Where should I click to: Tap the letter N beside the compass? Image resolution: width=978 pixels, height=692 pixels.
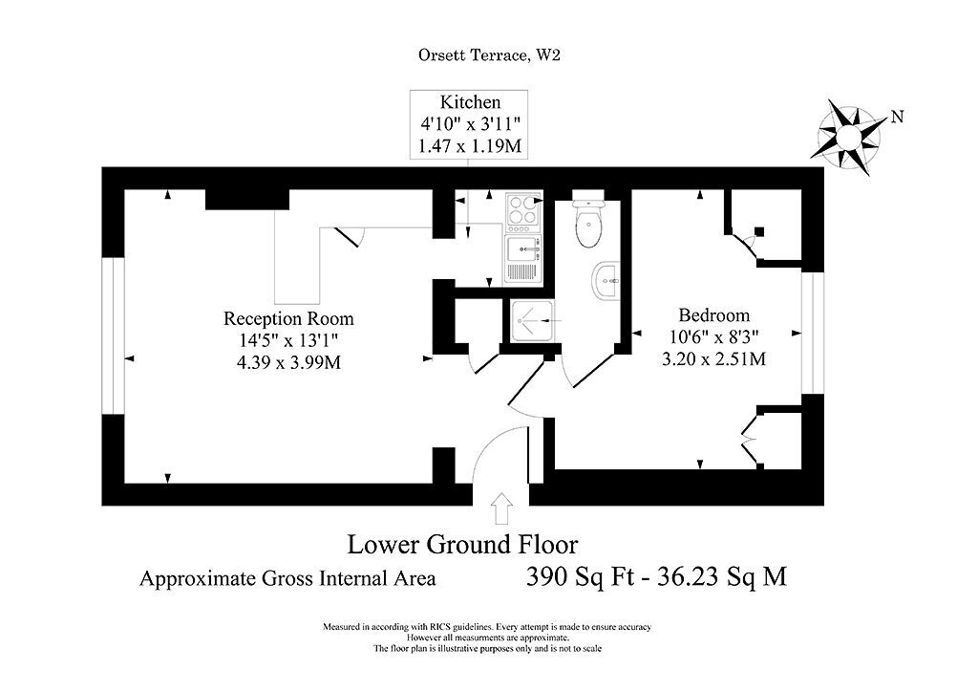897,117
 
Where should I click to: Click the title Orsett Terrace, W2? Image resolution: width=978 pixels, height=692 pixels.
489,54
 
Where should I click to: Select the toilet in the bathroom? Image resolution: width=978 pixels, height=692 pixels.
588,222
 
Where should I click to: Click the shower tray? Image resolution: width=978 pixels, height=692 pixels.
532,322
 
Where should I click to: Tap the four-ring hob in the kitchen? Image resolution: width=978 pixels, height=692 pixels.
522,210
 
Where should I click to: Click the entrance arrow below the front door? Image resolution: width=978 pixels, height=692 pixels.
501,508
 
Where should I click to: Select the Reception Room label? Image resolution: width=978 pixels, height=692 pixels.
288,319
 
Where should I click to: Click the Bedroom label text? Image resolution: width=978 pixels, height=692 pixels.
714,315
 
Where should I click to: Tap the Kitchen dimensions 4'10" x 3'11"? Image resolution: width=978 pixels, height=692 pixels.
469,123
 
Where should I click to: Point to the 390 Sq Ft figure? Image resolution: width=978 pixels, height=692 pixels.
575,576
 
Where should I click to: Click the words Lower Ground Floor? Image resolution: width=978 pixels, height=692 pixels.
463,544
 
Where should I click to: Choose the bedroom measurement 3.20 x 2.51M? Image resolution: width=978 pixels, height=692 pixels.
714,358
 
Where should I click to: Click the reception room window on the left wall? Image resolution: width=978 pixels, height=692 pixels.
113,335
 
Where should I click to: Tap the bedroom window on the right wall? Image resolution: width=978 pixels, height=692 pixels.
813,334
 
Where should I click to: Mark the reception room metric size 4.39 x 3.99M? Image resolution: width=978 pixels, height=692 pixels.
288,362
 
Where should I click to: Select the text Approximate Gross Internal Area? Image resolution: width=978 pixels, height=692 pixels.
287,578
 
